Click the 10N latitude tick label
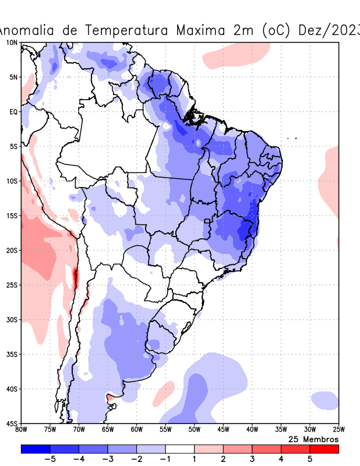(11, 43)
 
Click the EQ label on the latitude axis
(12, 112)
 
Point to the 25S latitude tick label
(11, 285)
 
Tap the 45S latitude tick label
(11, 423)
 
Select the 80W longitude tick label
(21, 429)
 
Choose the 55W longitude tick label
(165, 429)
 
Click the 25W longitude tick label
(338, 429)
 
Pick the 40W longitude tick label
(252, 429)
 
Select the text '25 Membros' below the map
(313, 439)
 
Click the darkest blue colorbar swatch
(36, 449)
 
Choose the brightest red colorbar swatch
(324, 449)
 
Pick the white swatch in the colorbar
(179, 449)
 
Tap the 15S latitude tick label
(11, 216)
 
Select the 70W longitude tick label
(79, 429)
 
